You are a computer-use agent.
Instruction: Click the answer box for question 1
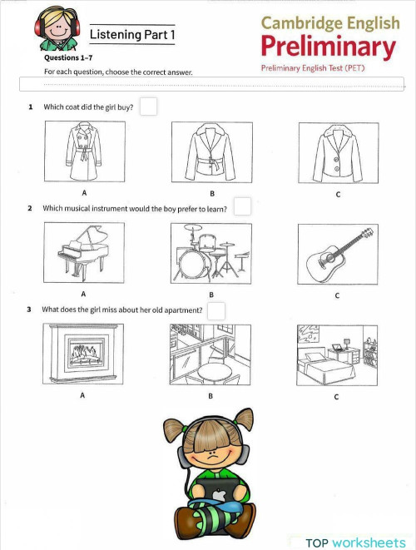point(148,107)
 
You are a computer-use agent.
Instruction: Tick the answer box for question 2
point(242,206)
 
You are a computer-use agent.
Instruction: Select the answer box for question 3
point(216,310)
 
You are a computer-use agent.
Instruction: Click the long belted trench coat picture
point(83,153)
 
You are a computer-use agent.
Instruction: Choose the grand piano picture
point(83,253)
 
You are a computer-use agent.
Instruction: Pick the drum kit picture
point(210,254)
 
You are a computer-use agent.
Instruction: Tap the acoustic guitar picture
point(337,253)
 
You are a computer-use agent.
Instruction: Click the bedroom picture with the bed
point(337,355)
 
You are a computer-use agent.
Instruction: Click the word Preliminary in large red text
point(328,47)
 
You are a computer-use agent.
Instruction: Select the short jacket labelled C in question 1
point(337,153)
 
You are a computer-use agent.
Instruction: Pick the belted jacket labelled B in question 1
point(210,153)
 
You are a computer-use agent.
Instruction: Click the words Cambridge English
point(328,22)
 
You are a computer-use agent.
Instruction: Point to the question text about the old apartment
point(122,310)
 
